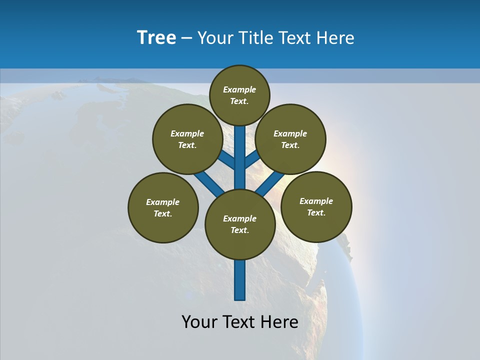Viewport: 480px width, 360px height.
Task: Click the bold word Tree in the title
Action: (x=156, y=38)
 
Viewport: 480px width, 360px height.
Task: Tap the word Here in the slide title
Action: (x=336, y=38)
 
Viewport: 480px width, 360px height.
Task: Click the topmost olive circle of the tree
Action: (x=239, y=95)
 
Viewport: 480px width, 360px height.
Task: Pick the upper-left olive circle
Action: (x=187, y=139)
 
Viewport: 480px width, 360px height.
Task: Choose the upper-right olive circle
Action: (x=290, y=139)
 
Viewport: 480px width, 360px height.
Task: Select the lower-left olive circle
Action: (x=163, y=208)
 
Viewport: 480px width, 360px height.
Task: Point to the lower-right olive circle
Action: (x=316, y=207)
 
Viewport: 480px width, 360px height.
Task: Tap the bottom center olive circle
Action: (x=240, y=224)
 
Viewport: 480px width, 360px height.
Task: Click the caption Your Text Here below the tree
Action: (x=240, y=322)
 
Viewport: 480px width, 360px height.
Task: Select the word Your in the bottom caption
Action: (x=199, y=322)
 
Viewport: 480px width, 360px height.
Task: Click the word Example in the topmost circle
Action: (x=239, y=89)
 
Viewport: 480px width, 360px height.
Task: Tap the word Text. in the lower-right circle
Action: (x=316, y=212)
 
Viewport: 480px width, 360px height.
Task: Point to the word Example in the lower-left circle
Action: (x=163, y=202)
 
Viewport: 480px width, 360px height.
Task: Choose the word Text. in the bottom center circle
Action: (x=240, y=230)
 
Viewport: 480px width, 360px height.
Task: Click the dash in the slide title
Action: (x=186, y=38)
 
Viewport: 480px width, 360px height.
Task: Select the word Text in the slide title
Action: (x=294, y=38)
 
